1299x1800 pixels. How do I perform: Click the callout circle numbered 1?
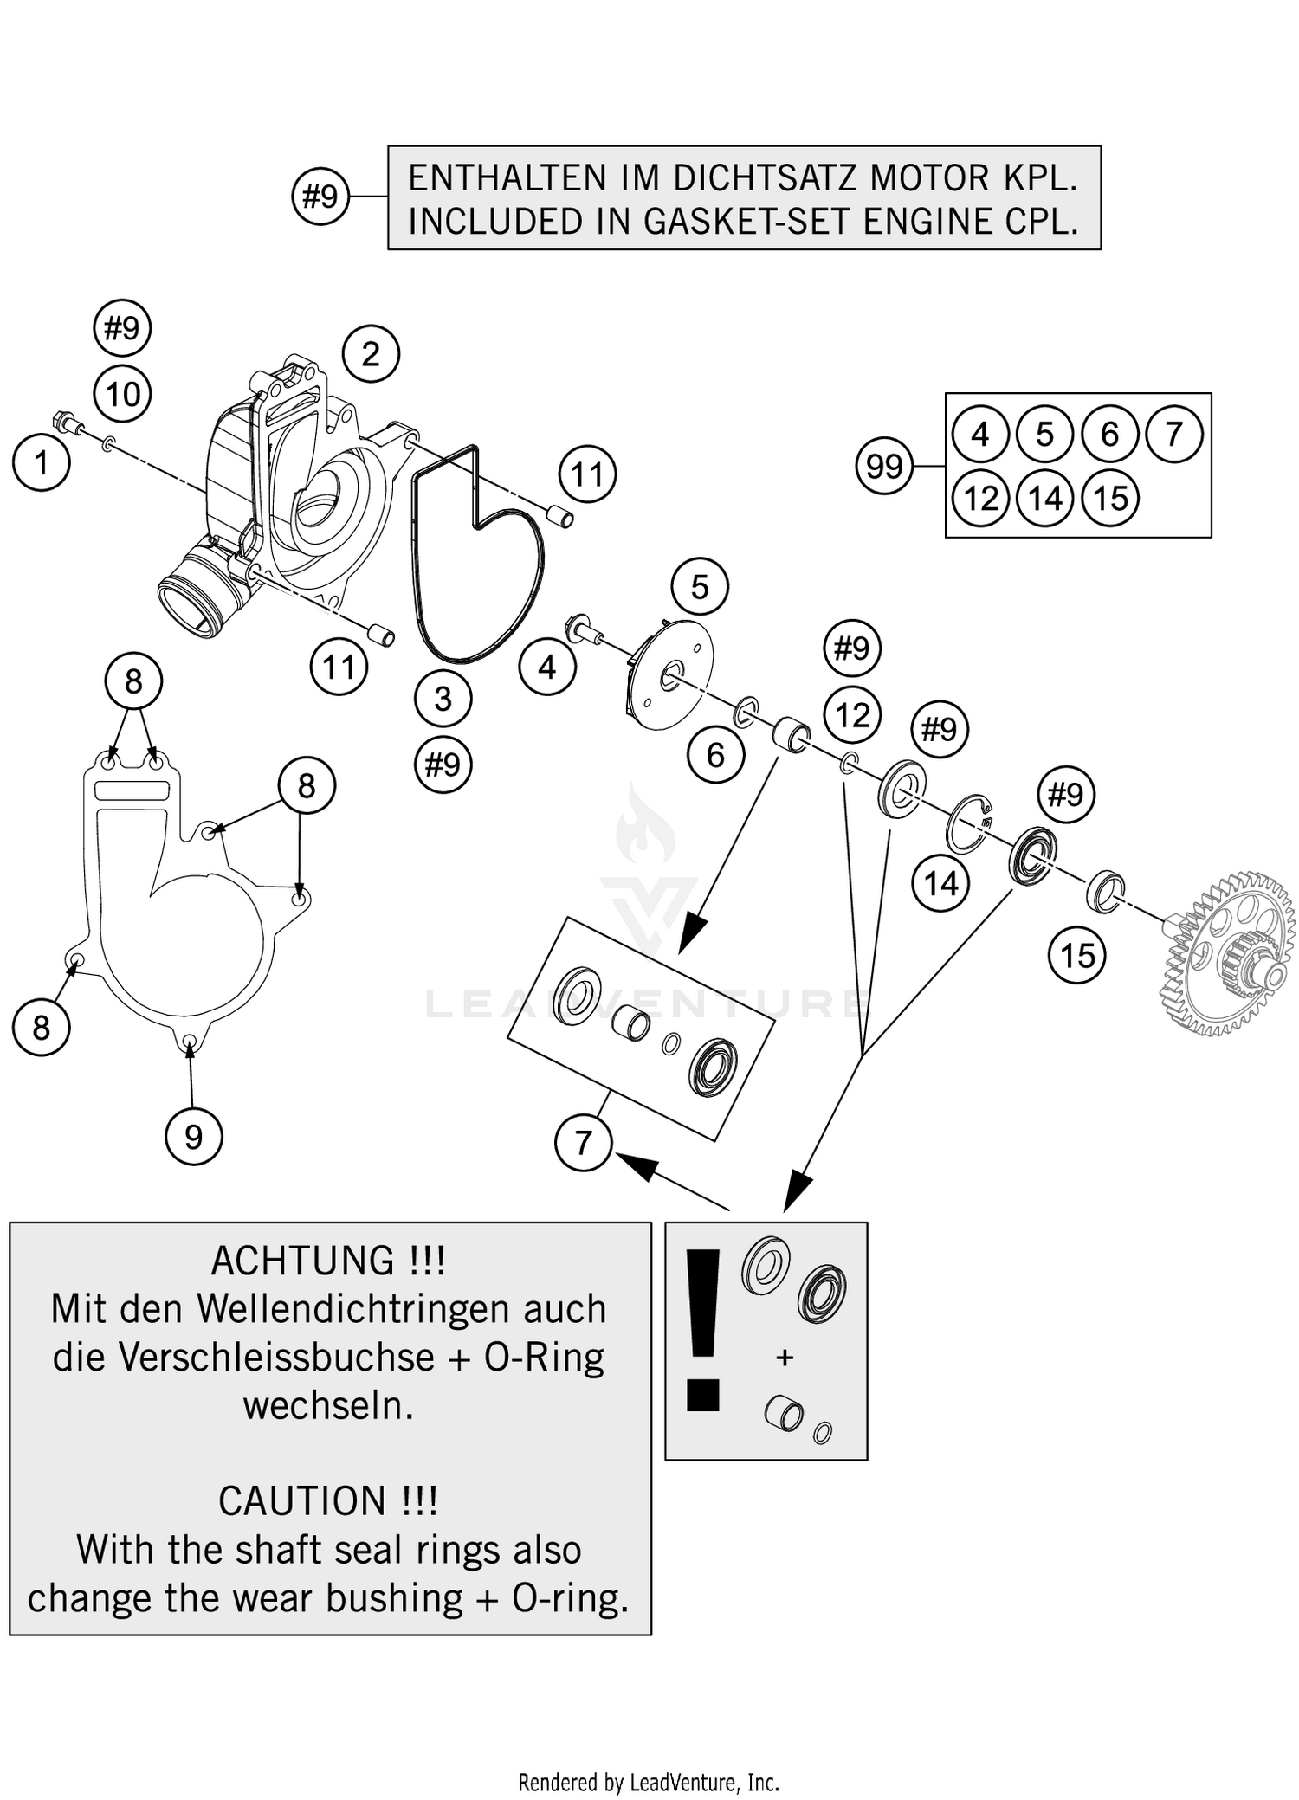41,463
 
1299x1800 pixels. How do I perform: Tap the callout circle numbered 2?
371,354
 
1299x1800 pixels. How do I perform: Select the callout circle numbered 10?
122,395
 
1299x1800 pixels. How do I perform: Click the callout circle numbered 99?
884,467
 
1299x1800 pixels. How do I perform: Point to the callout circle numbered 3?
443,699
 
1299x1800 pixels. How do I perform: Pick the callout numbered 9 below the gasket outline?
193,1136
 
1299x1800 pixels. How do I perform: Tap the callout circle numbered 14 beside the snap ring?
940,884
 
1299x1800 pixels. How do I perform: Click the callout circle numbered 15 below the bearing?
1077,956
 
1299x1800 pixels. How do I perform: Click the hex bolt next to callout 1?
68,423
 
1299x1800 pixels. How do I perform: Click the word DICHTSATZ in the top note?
767,178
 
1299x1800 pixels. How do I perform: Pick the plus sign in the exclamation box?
785,1358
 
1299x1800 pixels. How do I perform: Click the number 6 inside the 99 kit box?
1109,434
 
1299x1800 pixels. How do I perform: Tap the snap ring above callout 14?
968,823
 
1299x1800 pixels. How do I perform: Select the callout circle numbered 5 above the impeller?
700,587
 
